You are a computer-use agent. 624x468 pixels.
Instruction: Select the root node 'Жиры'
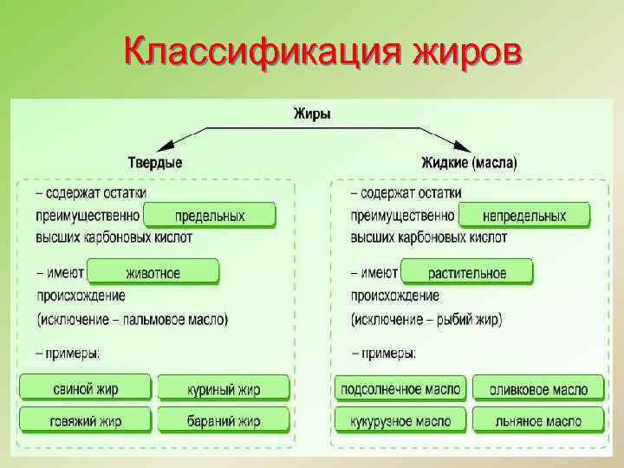coord(312,114)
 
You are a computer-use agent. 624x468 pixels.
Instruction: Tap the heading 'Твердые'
coord(155,162)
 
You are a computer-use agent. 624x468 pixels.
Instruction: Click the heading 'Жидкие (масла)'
coord(469,162)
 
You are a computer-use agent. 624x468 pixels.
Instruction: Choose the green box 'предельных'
coord(210,215)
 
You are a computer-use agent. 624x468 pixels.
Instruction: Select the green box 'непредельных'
coord(523,215)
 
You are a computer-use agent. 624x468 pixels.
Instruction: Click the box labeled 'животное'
coord(153,272)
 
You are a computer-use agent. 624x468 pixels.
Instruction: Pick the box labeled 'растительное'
coord(467,272)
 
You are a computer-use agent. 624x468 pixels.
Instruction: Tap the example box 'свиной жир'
coord(85,388)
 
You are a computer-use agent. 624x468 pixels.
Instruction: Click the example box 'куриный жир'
coord(223,388)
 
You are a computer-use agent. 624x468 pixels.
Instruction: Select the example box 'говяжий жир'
coord(85,420)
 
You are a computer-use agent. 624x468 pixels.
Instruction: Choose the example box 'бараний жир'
coord(223,420)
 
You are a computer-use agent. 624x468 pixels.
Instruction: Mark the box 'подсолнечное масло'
coord(400,388)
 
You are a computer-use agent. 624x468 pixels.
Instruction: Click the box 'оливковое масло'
coord(538,388)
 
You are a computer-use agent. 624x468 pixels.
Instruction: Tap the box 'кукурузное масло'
coord(400,420)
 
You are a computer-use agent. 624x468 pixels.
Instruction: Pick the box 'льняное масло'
coord(538,420)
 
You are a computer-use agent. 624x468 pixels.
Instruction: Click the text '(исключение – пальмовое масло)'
coord(133,319)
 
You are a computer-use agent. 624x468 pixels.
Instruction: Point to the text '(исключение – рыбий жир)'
coord(426,319)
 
